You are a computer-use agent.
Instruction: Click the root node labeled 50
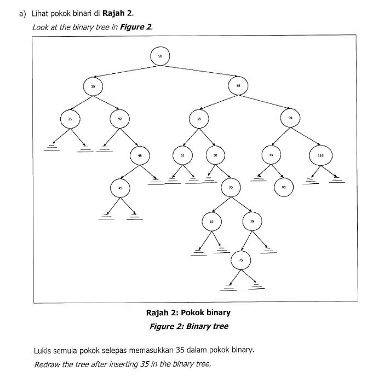tap(160, 56)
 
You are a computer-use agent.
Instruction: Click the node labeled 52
tap(182, 155)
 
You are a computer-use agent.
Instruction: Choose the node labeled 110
tap(320, 155)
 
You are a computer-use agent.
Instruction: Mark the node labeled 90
tap(284, 187)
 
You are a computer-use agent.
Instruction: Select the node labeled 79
tap(252, 221)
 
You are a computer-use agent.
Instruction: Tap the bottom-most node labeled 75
tap(240, 260)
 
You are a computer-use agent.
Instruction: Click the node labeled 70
tap(231, 188)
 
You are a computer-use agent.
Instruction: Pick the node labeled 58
tap(215, 155)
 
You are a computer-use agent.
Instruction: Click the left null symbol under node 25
tap(53, 147)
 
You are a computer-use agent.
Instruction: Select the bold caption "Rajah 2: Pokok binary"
tap(188, 313)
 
